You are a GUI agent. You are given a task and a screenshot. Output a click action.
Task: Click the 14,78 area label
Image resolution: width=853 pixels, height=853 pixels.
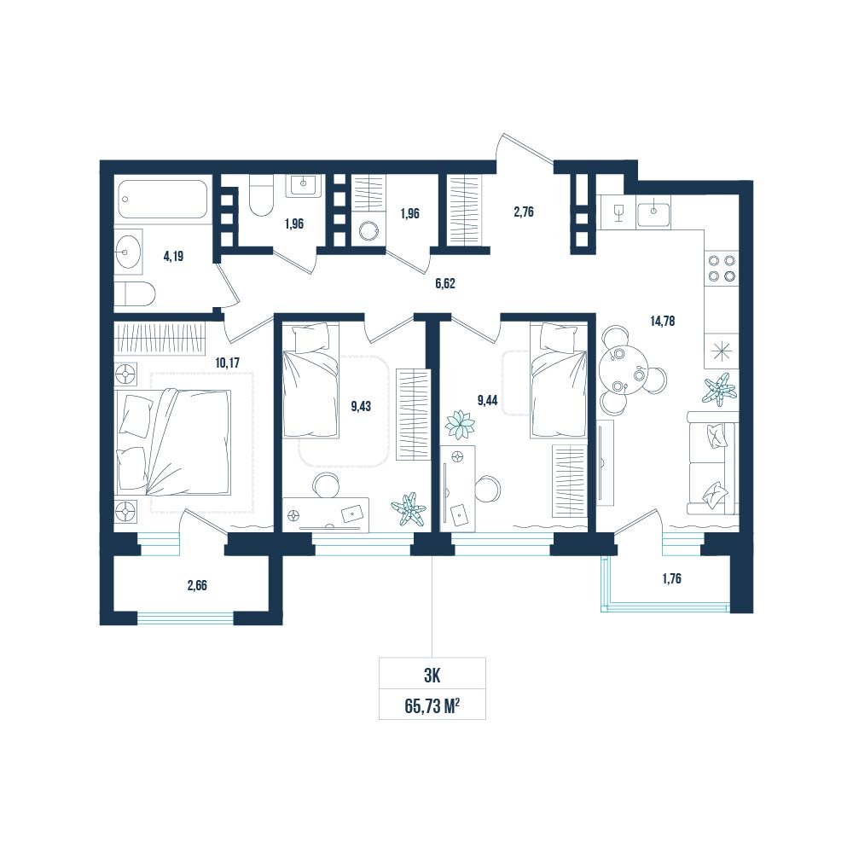pos(662,321)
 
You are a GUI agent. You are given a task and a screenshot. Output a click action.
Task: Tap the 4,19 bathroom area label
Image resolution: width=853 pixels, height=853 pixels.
pos(173,256)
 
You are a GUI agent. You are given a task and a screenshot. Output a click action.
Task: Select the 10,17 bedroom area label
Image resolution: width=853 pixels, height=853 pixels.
pos(228,363)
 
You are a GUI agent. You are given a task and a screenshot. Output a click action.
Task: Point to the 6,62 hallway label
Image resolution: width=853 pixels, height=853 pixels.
pos(445,283)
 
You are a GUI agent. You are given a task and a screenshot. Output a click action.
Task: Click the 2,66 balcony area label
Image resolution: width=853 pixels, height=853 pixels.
pos(197,586)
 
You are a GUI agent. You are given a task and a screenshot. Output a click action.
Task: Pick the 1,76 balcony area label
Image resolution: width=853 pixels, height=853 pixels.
pos(672,579)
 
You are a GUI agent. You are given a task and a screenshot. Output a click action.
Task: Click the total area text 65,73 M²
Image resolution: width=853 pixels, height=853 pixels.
pos(432,706)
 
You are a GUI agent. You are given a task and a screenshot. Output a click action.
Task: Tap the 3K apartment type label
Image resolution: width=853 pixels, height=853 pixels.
pos(432,676)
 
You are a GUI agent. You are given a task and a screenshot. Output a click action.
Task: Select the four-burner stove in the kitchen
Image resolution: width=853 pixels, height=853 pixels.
pos(722,269)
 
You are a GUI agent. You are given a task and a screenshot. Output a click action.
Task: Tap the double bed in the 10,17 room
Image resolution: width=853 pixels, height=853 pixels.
pos(173,442)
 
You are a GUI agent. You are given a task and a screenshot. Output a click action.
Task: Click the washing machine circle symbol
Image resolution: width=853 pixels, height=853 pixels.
pos(368,230)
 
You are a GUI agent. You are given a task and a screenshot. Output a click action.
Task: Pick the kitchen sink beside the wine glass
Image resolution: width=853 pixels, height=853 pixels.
pos(653,211)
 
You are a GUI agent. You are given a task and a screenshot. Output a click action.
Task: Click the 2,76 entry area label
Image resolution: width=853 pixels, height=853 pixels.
pos(524,212)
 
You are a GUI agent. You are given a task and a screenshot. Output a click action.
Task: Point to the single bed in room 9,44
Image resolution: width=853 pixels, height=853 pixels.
pos(559,380)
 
